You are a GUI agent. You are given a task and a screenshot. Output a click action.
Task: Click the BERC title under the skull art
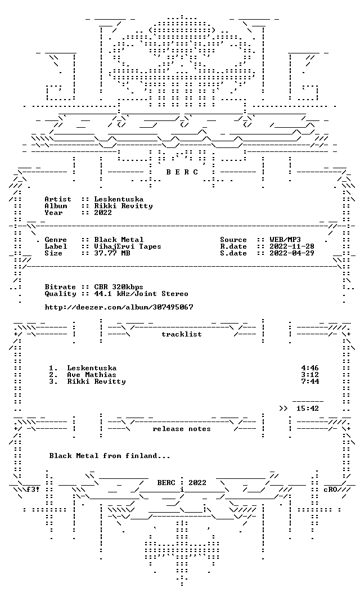[x=182, y=172]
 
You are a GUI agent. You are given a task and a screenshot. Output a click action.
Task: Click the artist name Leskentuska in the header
[x=119, y=199]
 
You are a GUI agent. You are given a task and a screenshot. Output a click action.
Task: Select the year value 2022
[x=103, y=212]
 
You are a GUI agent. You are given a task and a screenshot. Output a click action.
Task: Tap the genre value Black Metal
[x=119, y=240]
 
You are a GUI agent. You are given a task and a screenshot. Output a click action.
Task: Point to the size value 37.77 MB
[x=112, y=253]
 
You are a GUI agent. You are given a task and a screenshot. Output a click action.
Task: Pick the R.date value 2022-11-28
[x=292, y=246]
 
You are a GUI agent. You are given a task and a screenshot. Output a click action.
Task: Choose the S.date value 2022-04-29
[x=292, y=253]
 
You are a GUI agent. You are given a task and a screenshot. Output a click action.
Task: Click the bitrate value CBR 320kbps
[x=119, y=286]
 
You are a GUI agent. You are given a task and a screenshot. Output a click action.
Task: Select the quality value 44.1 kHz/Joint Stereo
[x=141, y=294]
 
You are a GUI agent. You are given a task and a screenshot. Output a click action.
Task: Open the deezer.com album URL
[x=119, y=307]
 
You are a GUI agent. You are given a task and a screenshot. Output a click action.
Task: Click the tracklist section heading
[x=182, y=334]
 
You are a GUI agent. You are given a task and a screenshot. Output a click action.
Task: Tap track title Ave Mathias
[x=92, y=375]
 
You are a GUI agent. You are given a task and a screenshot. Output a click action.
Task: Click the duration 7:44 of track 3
[x=310, y=382]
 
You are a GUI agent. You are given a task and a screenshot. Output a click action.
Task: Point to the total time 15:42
[x=308, y=409]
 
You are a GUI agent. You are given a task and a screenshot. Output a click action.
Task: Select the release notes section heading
[x=182, y=429]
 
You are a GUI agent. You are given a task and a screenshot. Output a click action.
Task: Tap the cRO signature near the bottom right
[x=330, y=490]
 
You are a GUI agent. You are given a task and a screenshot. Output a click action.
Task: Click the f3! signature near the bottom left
[x=33, y=490]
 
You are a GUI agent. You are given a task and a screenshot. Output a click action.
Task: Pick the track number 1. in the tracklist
[x=53, y=368]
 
